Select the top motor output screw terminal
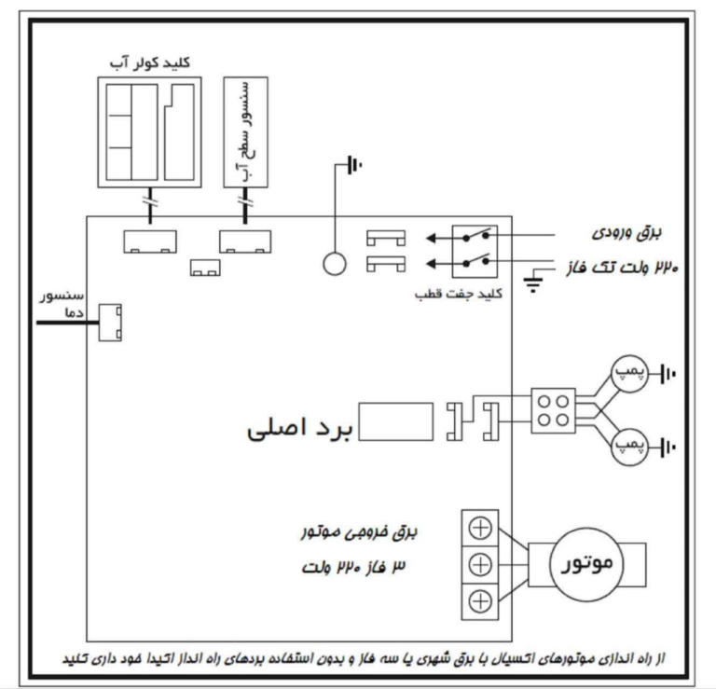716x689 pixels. [481, 529]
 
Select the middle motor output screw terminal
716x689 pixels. [481, 564]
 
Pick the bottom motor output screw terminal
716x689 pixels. [481, 600]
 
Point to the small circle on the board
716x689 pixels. [336, 264]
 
